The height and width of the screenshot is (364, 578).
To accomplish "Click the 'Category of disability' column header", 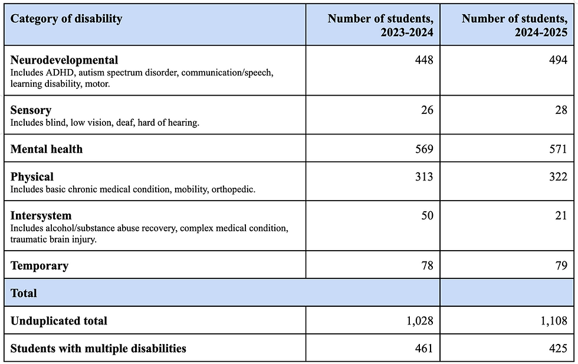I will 67,18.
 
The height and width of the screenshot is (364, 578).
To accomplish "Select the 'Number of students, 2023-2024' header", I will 380,25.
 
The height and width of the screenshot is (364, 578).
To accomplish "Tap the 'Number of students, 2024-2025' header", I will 514,25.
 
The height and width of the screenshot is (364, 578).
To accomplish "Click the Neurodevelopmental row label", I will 64,60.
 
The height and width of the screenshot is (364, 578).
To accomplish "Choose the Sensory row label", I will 31,110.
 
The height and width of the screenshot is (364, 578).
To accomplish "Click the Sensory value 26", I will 426,110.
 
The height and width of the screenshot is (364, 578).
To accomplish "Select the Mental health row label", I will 47,149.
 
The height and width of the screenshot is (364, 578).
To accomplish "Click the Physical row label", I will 32,177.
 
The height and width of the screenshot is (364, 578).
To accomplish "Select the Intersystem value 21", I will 560,215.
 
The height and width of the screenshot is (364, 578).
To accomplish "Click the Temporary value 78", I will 426,265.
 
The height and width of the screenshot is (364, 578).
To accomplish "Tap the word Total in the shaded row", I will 24,293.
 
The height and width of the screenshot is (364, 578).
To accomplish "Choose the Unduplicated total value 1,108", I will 553,321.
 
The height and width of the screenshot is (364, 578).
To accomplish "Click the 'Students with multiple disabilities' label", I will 98,349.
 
